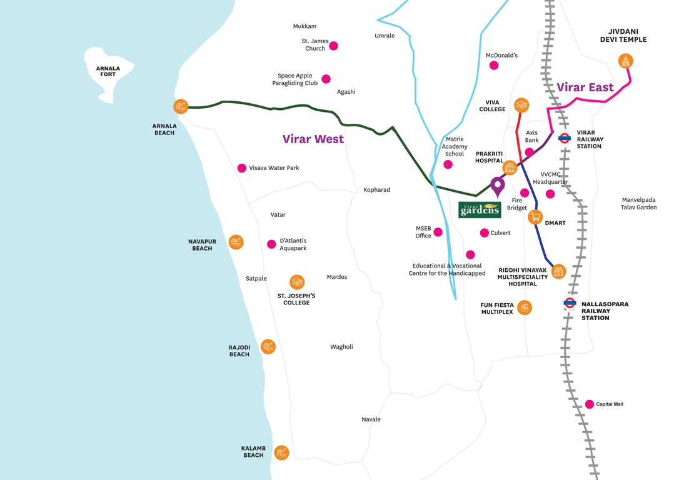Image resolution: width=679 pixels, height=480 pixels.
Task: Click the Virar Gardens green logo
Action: point(480,210)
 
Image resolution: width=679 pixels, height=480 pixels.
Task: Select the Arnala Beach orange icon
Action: point(181,107)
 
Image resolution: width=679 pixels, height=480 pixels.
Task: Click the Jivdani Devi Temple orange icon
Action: point(625,61)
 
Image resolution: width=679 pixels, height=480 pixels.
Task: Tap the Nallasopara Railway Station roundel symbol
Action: point(569,304)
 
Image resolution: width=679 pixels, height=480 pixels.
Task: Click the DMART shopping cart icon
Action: point(535,217)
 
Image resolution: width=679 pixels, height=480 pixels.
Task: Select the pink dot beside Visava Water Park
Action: point(242,168)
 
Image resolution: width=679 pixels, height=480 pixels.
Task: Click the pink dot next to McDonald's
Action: point(494,66)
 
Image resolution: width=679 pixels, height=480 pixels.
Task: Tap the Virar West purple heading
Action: point(313,139)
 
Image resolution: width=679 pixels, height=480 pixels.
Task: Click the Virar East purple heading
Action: point(585,87)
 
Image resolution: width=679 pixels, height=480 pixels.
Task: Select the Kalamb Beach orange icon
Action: point(281,452)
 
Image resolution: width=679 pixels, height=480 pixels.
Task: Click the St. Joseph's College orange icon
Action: point(297,282)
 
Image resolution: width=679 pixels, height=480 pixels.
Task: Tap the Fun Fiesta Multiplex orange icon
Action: point(525,307)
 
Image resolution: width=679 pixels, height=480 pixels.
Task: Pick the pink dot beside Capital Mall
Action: point(589,404)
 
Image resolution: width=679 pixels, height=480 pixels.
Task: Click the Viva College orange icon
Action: point(521,105)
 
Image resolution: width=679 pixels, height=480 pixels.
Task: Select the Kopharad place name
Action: point(376,189)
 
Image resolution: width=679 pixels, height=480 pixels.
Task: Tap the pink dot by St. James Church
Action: point(334,46)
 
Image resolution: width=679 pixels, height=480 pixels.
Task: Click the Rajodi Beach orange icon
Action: point(268,346)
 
